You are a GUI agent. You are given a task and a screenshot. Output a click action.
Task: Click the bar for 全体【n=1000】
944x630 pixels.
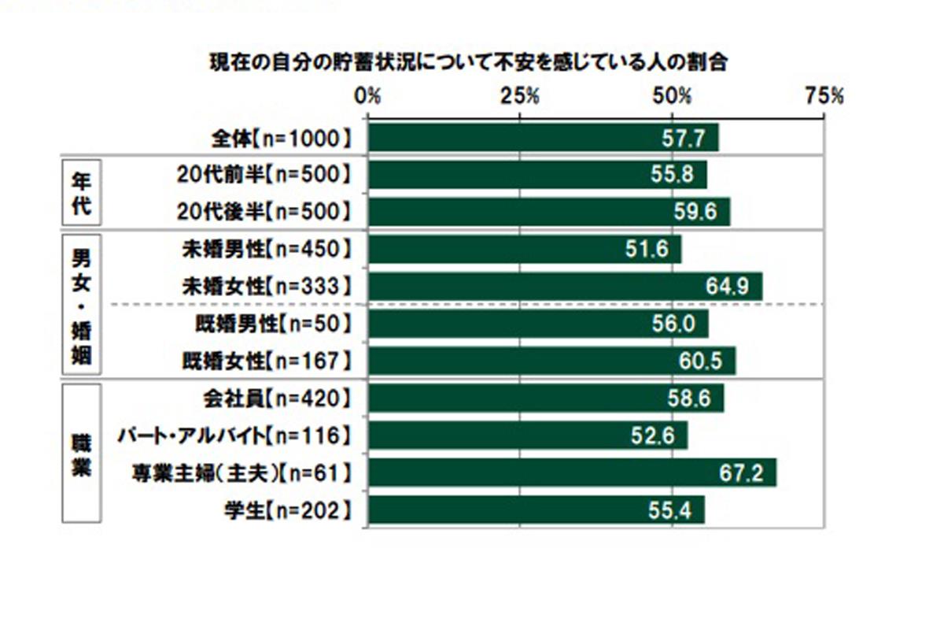tap(543, 138)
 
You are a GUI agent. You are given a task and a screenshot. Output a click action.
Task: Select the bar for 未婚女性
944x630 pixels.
tap(565, 287)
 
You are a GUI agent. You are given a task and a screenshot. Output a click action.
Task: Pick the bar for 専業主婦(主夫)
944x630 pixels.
tap(572, 472)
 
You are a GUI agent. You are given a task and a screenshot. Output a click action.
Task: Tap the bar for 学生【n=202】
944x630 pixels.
tap(536, 510)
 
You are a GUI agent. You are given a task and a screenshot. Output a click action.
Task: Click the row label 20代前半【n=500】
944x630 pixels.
tap(263, 175)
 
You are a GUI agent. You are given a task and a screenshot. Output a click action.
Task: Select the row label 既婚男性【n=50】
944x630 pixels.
tap(267, 324)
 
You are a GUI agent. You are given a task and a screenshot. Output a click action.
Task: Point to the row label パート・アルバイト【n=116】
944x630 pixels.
tap(232, 435)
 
